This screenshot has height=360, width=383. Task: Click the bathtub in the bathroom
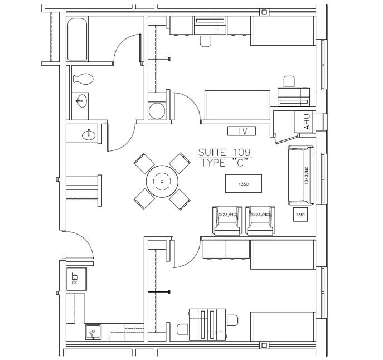click(x=78, y=38)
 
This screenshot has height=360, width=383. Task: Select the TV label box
click(x=242, y=132)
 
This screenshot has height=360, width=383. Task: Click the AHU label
click(x=306, y=122)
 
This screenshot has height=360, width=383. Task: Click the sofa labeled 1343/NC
click(x=302, y=176)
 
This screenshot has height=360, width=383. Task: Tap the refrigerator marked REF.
click(x=76, y=276)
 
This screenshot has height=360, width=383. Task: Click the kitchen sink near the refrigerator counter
click(x=93, y=332)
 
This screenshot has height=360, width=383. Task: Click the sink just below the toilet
click(x=82, y=101)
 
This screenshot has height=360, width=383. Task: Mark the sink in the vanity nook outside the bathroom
click(x=88, y=134)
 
